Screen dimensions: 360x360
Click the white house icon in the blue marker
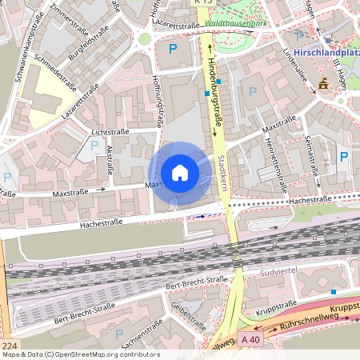[179, 173]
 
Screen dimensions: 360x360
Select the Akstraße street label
[110, 166]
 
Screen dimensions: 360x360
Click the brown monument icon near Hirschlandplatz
[322, 84]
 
